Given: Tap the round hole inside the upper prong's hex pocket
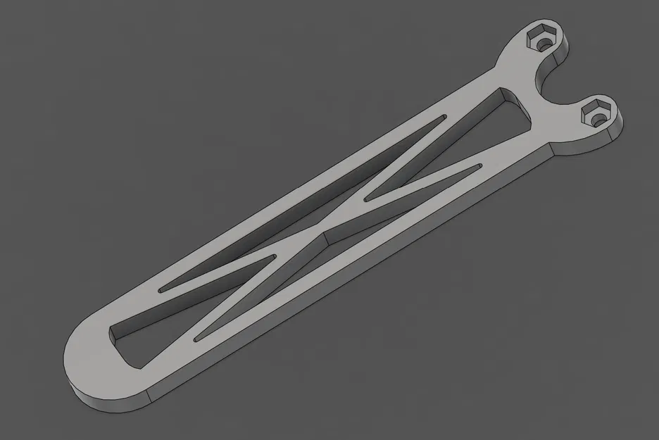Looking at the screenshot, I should (x=543, y=43).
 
